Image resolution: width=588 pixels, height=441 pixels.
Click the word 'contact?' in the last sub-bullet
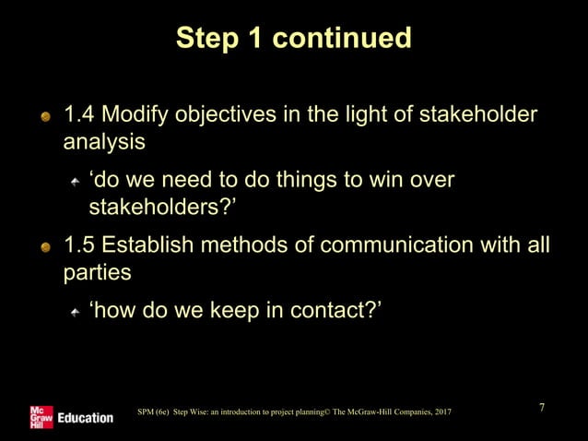pyautogui.click(x=343, y=312)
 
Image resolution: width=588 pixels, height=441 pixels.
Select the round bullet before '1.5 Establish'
pyautogui.click(x=45, y=248)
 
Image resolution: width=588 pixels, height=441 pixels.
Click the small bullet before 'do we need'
pyautogui.click(x=76, y=181)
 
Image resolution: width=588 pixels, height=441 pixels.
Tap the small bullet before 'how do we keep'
pyautogui.click(x=76, y=314)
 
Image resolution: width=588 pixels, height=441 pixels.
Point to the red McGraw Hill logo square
pyautogui.click(x=41, y=416)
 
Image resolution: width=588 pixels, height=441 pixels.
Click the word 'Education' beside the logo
pyautogui.click(x=86, y=418)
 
